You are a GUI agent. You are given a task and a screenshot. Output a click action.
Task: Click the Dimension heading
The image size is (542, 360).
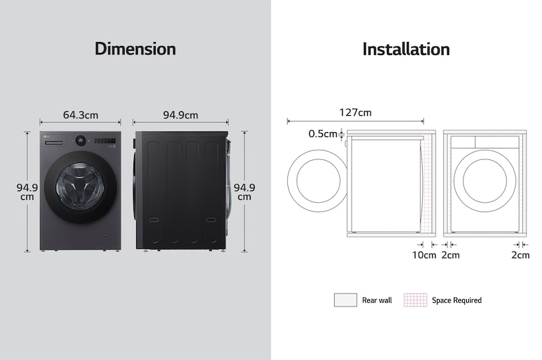[135, 49]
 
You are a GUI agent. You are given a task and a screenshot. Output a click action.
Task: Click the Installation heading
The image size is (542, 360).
[406, 49]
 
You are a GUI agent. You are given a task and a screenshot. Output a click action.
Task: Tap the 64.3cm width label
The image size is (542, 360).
[81, 115]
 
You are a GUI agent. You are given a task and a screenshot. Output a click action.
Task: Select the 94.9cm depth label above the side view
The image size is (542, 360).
[180, 115]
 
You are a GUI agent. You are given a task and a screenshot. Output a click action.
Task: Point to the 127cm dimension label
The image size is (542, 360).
[355, 113]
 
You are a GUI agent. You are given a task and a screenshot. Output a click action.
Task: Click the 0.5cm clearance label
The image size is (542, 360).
[322, 134]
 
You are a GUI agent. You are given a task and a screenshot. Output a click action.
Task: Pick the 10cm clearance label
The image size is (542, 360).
[424, 255]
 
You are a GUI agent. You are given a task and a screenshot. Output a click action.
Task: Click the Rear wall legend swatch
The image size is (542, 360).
[345, 300]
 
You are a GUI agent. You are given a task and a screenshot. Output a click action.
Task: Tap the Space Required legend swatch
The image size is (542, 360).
[415, 300]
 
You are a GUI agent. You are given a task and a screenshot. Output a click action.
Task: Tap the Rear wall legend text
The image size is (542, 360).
[377, 300]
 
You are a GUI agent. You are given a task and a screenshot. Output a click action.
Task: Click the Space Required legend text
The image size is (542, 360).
[457, 300]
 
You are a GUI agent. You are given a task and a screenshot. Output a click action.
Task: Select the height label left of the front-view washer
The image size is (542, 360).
[26, 192]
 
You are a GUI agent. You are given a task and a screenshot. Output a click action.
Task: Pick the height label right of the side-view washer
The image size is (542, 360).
[244, 192]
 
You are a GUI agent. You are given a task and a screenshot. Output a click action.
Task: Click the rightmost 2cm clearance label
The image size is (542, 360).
[520, 255]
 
